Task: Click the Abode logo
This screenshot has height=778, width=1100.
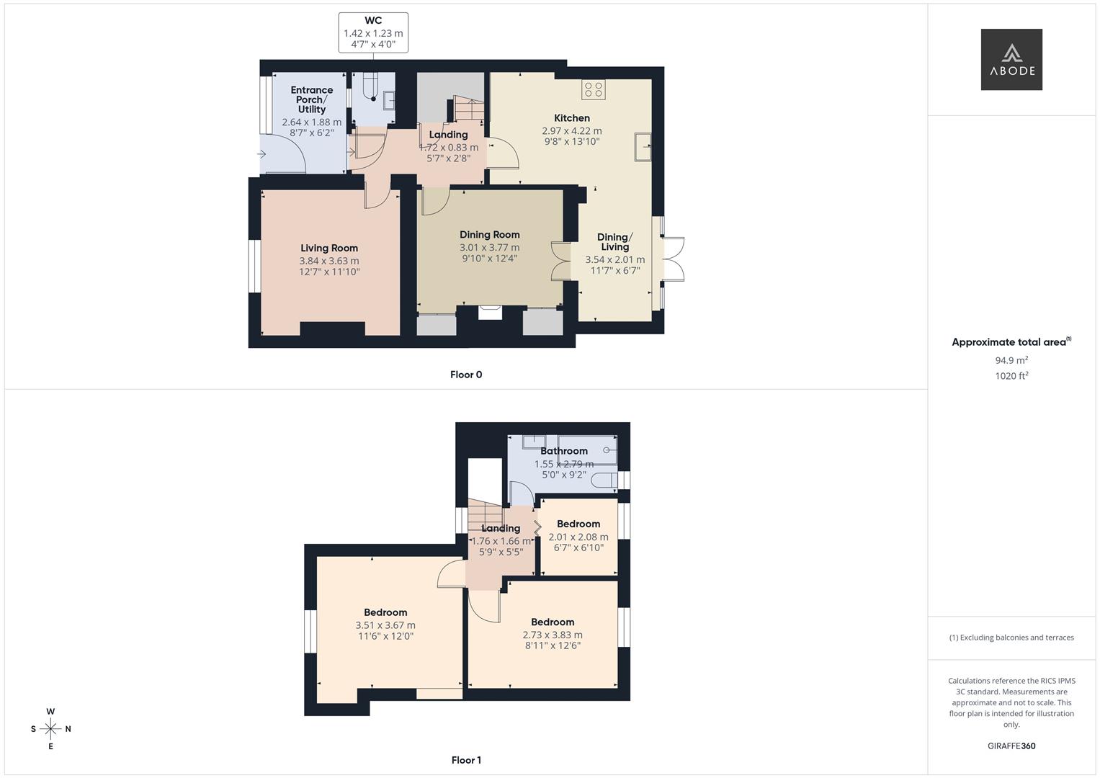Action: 1011,60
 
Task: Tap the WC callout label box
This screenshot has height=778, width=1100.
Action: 373,32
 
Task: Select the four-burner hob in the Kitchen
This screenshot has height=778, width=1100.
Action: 594,90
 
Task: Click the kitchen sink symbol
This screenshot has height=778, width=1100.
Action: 642,146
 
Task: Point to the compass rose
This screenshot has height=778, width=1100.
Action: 50,729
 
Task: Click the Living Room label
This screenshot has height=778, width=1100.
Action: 329,248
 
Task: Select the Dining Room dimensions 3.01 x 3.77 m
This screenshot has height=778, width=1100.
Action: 489,247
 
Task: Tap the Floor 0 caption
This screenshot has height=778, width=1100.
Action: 466,375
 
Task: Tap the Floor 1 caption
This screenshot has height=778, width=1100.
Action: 466,760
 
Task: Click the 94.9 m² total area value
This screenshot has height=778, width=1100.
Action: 1011,360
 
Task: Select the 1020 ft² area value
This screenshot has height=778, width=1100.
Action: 1011,375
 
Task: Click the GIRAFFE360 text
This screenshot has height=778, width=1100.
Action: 1011,746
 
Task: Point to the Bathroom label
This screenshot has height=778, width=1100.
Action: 564,451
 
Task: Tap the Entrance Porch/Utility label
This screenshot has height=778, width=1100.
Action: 312,99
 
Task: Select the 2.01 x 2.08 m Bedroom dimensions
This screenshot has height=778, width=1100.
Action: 578,537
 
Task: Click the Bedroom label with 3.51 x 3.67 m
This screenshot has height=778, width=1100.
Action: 385,612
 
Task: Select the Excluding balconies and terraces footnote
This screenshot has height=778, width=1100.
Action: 1011,638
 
